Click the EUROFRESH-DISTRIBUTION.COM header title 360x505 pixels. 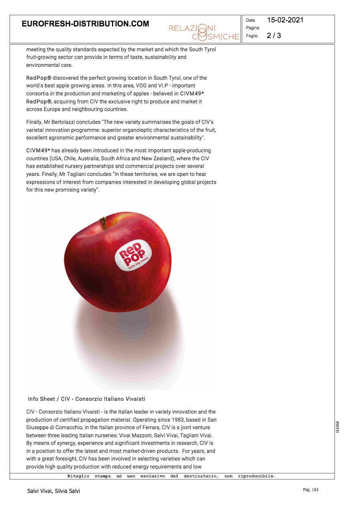[x=85, y=24]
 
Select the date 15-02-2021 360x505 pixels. [x=285, y=20]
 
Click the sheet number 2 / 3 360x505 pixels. [x=274, y=36]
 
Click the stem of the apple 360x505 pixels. [x=103, y=223]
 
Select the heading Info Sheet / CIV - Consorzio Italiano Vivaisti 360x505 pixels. [x=87, y=399]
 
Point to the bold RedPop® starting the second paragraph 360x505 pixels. [x=38, y=78]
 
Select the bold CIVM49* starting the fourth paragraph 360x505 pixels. [x=38, y=150]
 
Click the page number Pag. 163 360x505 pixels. [x=310, y=490]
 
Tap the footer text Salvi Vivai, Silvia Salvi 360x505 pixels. [x=54, y=491]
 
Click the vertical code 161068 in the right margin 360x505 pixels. [x=338, y=427]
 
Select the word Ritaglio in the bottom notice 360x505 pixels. [x=79, y=476]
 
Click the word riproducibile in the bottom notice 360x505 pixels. [x=260, y=476]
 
